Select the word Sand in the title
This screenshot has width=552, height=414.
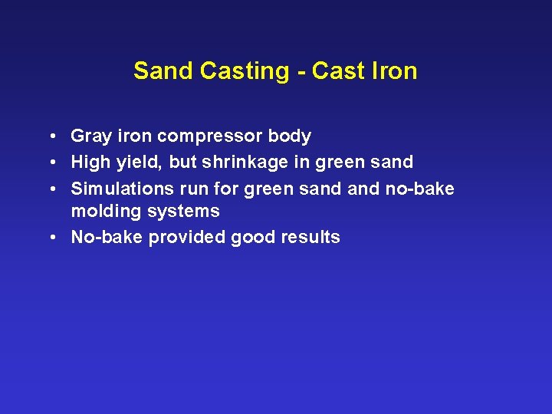(x=164, y=71)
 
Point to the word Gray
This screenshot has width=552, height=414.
(x=90, y=136)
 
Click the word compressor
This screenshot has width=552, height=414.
(x=209, y=137)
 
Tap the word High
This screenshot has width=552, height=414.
(x=90, y=163)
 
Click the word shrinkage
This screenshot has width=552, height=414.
(x=245, y=163)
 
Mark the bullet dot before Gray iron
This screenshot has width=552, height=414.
(x=49, y=137)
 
